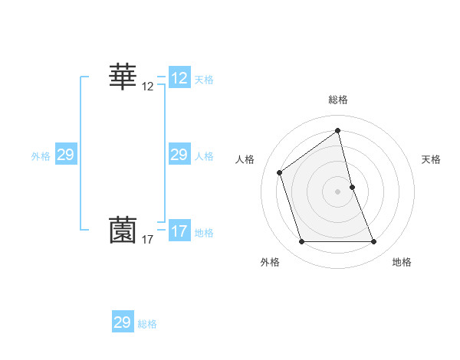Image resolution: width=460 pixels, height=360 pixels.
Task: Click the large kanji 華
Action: [123, 77]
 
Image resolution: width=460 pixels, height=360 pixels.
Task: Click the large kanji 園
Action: [123, 231]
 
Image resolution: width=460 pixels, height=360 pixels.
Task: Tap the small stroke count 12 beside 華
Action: [148, 87]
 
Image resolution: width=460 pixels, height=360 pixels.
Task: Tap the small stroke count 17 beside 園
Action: [148, 240]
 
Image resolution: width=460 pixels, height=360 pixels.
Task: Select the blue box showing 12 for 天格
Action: [179, 78]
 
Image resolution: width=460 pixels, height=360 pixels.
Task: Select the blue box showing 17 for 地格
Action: [179, 231]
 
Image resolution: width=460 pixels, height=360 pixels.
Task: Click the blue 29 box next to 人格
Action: [179, 155]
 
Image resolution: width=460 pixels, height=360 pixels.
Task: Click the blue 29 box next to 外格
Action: [65, 155]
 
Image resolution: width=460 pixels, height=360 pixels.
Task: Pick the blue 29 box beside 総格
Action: [123, 322]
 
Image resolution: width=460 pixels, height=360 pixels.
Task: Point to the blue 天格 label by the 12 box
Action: [204, 80]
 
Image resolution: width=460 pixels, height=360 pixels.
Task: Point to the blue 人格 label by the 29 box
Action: [204, 156]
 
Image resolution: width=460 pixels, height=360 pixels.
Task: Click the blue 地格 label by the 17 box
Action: [204, 233]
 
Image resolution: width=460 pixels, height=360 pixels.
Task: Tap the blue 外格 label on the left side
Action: [41, 156]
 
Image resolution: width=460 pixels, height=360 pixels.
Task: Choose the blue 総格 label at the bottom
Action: [147, 324]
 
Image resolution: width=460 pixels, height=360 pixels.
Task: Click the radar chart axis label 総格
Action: [338, 100]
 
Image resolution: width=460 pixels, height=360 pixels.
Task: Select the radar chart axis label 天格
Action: [431, 159]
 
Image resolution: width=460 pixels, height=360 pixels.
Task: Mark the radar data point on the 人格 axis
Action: [280, 172]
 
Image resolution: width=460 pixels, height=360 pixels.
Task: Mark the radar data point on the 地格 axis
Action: [374, 242]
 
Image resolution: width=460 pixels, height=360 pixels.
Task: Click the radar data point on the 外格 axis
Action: [301, 242]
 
